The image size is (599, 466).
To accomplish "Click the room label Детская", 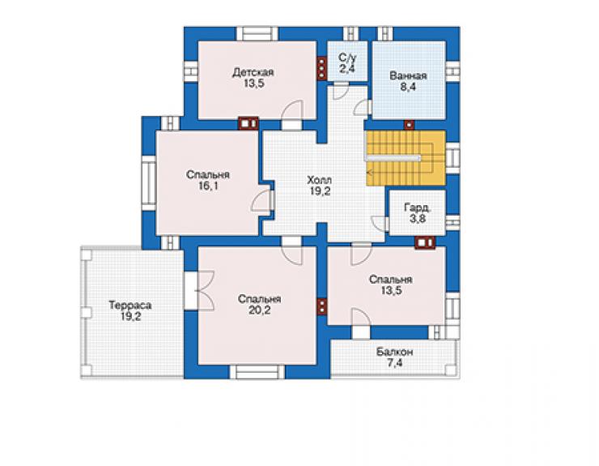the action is tap(253, 72).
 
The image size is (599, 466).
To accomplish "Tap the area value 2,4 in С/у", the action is tap(347, 69).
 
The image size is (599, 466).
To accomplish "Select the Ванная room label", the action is tap(408, 75).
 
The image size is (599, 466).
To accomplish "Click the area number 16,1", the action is tap(208, 186).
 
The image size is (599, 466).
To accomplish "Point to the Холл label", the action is tap(320, 180).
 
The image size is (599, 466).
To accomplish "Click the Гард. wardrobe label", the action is tap(417, 207).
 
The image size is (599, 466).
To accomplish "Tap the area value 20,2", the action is tap(259, 310).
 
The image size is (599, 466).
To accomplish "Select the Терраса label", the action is tap(130, 306).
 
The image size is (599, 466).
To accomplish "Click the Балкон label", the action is tap(395, 352).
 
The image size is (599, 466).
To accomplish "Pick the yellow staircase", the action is tap(406, 158).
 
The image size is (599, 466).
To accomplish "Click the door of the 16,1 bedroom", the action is tap(261, 200).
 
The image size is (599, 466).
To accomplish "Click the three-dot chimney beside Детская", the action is tap(322, 69).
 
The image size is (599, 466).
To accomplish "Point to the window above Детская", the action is tap(257, 34).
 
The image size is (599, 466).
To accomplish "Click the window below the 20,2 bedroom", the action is tap(257, 372).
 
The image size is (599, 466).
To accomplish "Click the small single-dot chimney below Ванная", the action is tap(409, 125).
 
